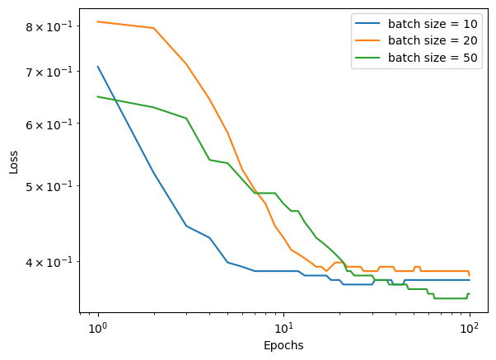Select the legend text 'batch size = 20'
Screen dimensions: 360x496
(x=433, y=40)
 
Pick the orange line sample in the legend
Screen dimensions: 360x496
(x=367, y=40)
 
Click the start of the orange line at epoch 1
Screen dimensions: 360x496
(x=98, y=21)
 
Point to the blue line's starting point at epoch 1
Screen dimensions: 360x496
(x=98, y=67)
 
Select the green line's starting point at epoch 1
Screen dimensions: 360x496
(x=98, y=96)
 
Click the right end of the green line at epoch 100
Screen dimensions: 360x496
(x=470, y=293)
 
